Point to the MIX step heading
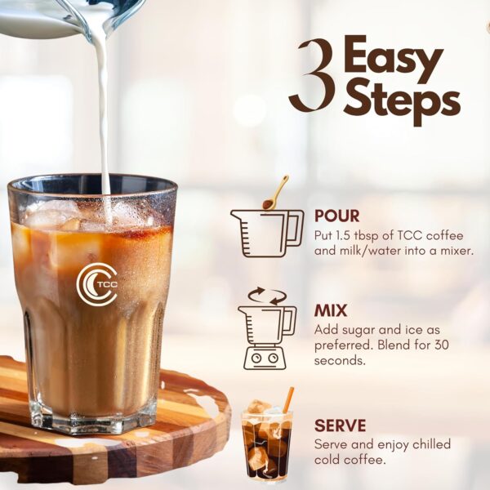(x=331, y=311)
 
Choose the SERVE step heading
(x=341, y=425)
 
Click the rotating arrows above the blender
(x=266, y=295)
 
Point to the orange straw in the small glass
(x=287, y=399)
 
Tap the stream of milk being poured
(x=103, y=114)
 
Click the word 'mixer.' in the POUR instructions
(x=453, y=250)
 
